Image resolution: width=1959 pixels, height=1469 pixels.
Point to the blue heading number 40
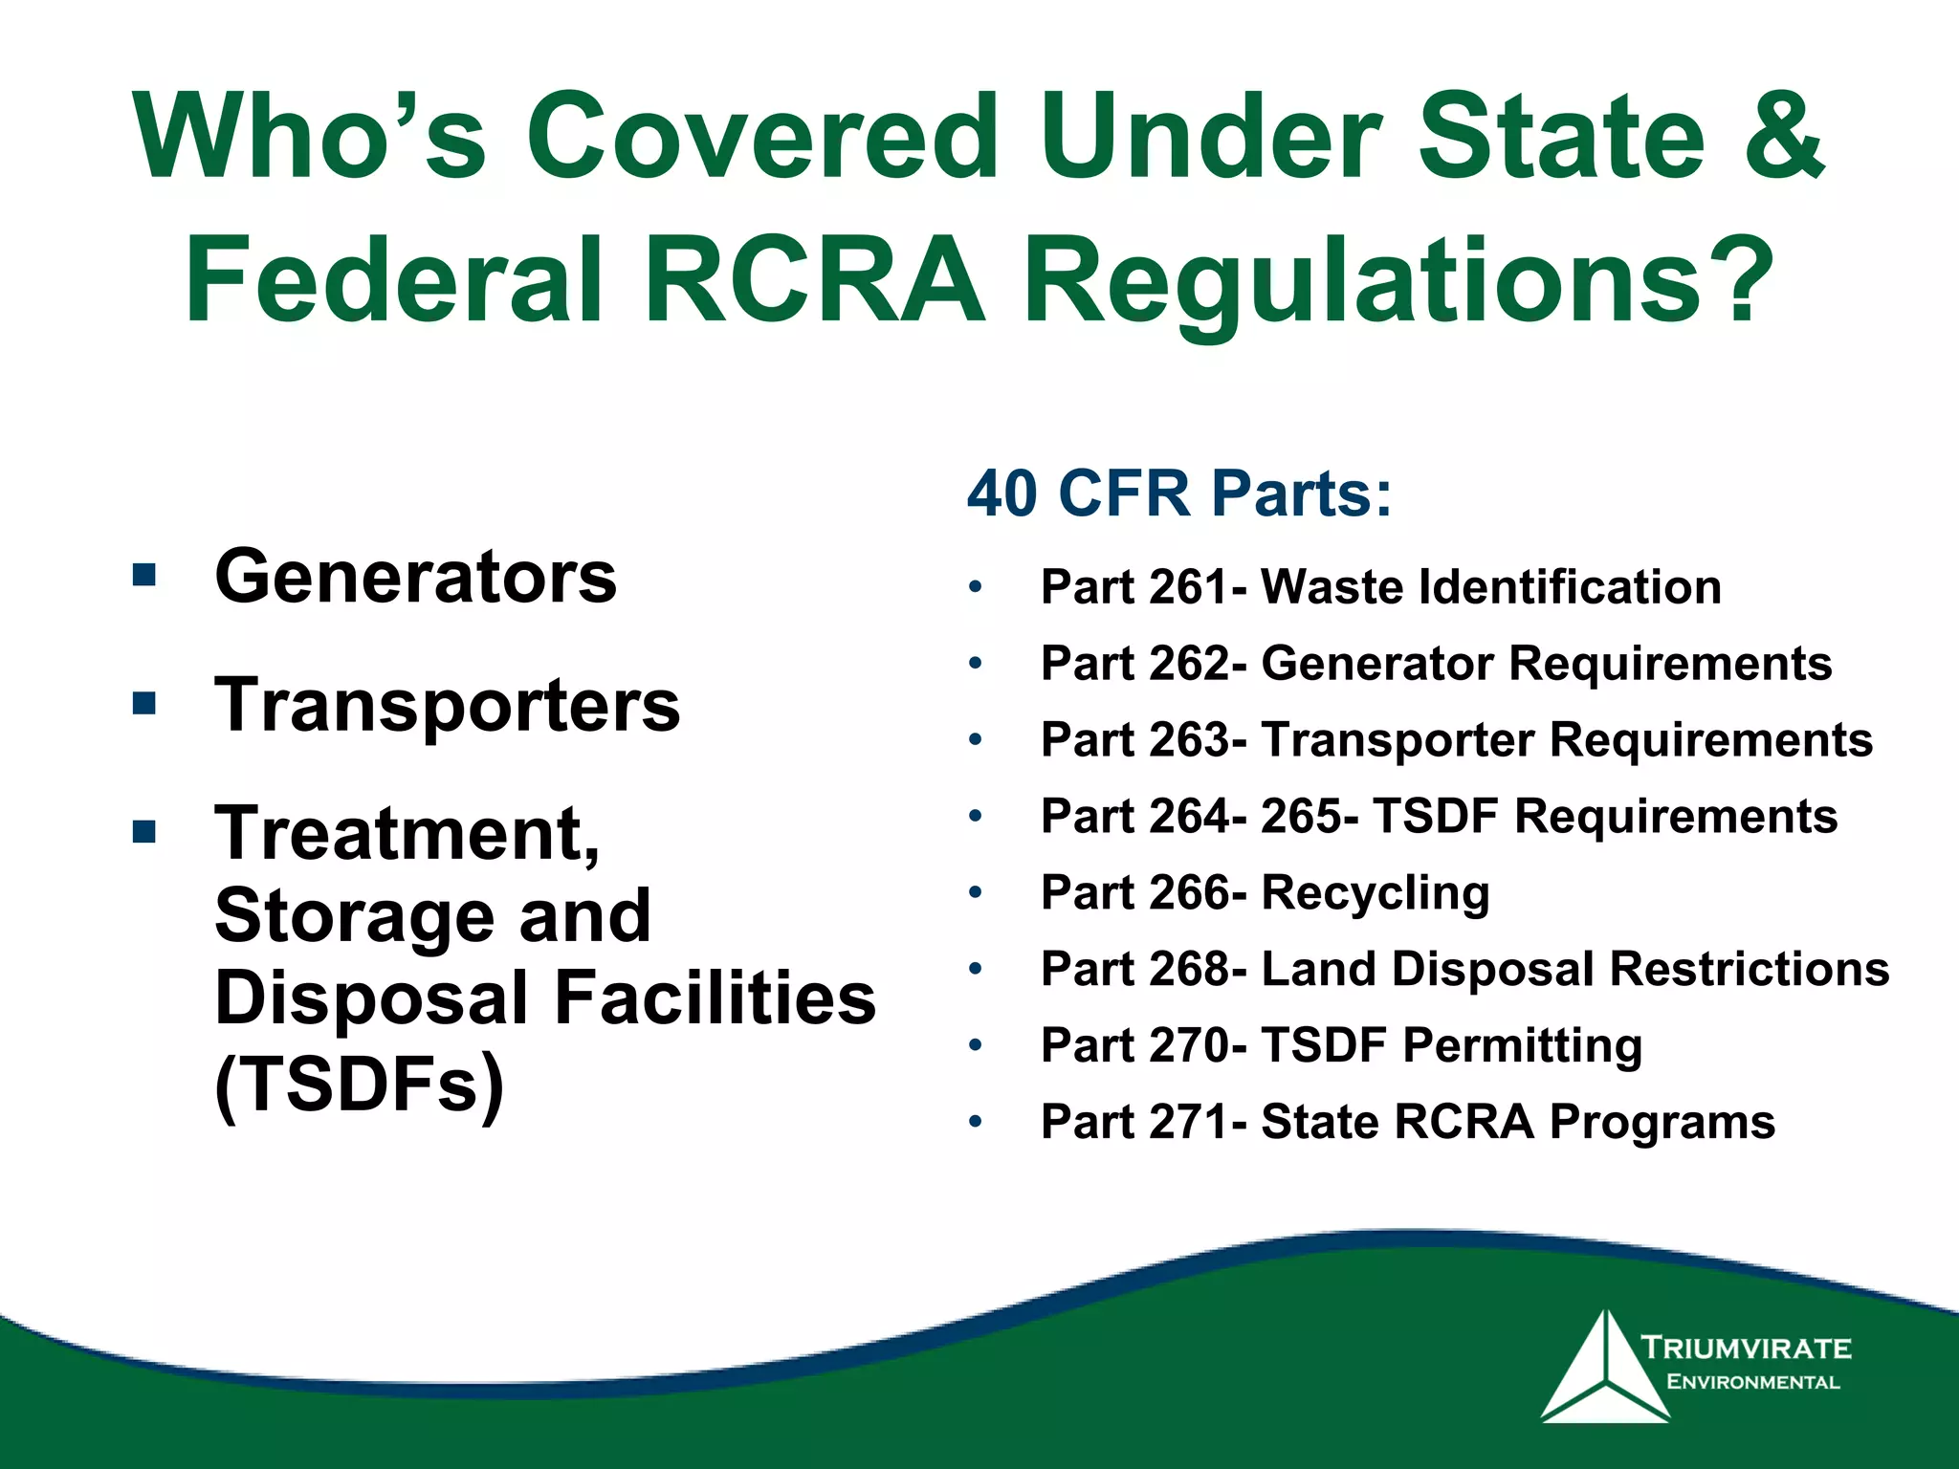click(1002, 494)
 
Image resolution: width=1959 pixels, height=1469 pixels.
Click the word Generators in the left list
click(416, 577)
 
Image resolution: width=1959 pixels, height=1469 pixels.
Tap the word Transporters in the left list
click(447, 705)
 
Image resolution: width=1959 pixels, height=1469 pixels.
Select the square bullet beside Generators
click(144, 575)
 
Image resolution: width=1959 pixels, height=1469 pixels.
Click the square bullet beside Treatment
click(144, 830)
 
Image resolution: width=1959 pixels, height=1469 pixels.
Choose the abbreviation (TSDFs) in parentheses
click(360, 1085)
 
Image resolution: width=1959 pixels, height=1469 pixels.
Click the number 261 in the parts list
click(1190, 586)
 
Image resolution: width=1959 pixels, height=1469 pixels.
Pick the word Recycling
click(1376, 892)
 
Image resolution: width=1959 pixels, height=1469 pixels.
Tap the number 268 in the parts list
click(1190, 969)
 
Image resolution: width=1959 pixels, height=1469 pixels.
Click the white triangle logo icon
click(1605, 1370)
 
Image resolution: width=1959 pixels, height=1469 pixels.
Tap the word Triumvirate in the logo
click(1747, 1348)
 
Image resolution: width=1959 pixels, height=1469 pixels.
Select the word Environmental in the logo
click(1752, 1382)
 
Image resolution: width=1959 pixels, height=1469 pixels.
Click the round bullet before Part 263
click(975, 739)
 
